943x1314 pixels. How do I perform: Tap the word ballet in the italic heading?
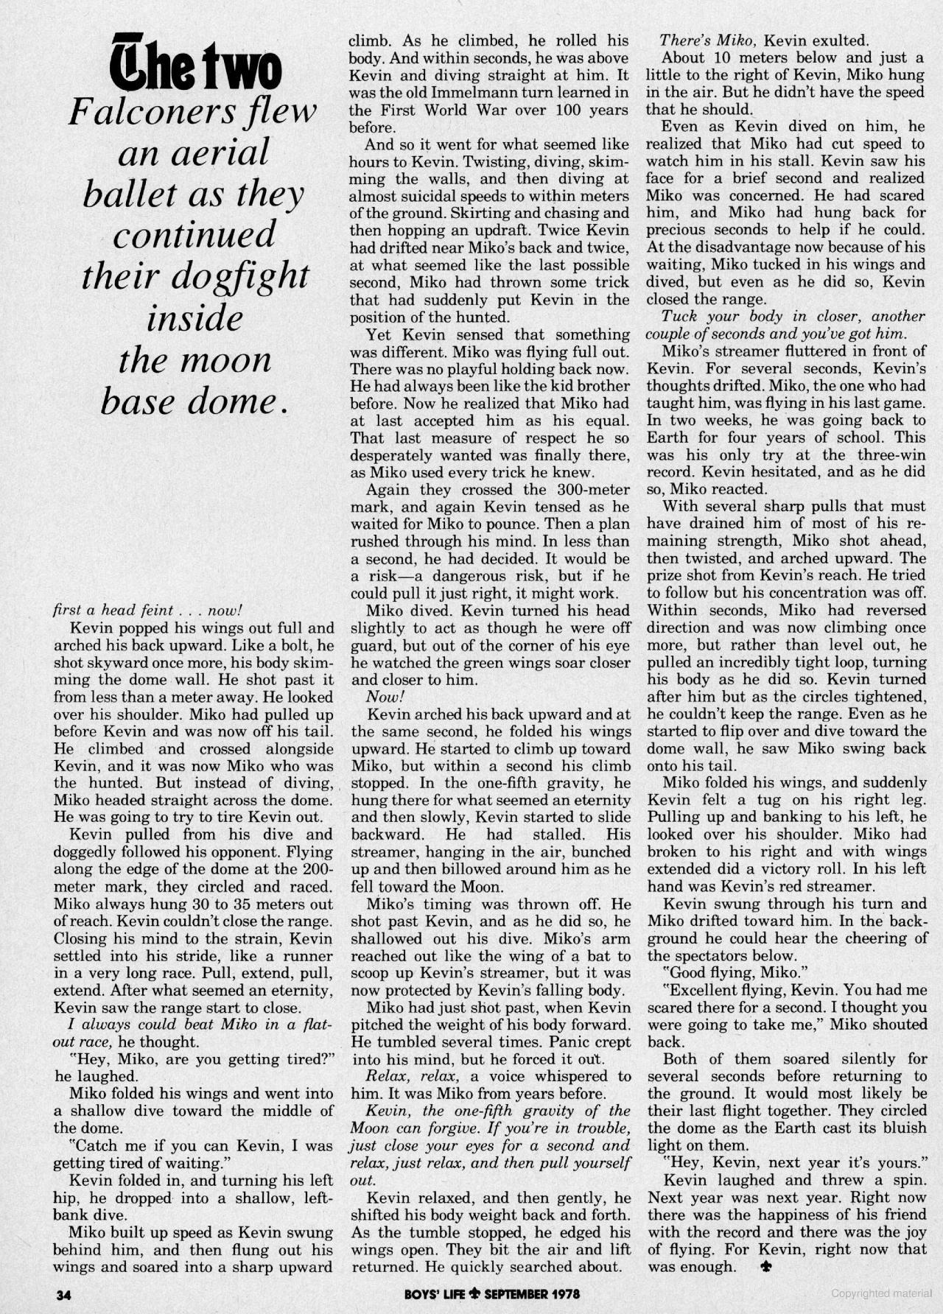(130, 194)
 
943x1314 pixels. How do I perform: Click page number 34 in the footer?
(63, 1294)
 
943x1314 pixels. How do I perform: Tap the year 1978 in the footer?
(564, 1293)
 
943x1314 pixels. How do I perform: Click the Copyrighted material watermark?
(881, 1293)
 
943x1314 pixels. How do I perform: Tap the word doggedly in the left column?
(83, 852)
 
